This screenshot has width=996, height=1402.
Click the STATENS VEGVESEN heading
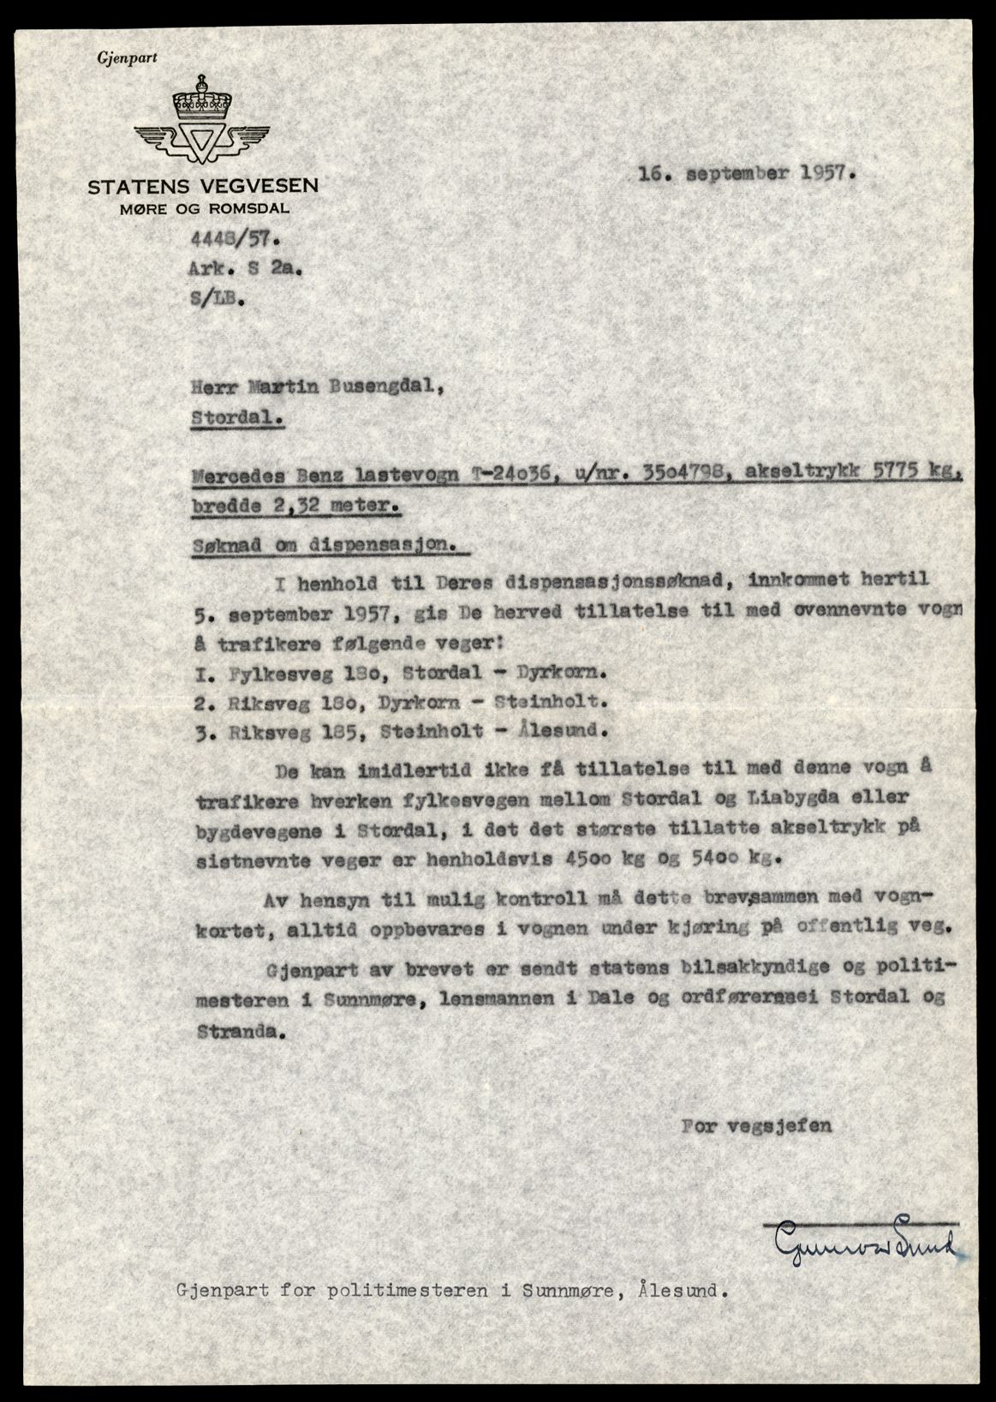click(x=203, y=186)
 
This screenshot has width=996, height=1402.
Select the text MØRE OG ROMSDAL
click(x=204, y=207)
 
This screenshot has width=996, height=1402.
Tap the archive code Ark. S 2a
click(x=244, y=269)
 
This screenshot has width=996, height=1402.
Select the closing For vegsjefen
click(x=756, y=1126)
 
